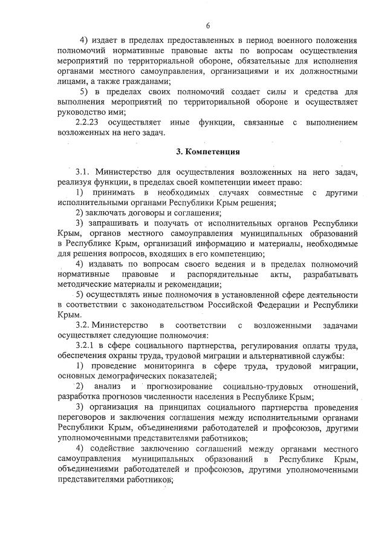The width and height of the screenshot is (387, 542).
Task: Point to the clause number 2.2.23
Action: coord(88,123)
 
